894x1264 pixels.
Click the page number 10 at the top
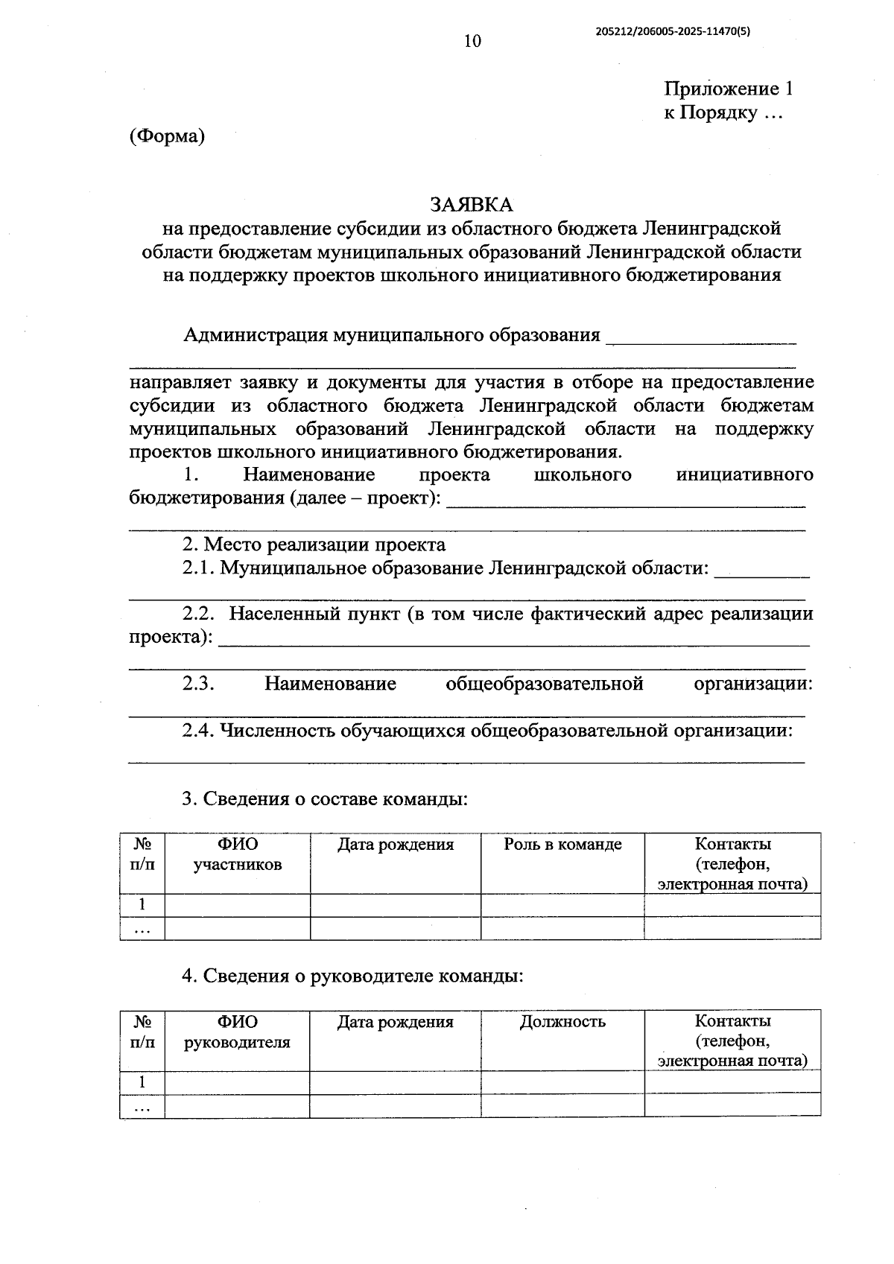pos(472,41)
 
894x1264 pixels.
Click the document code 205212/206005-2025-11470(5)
pos(673,31)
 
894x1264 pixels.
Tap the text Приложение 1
pos(728,89)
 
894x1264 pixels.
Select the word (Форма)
pos(167,136)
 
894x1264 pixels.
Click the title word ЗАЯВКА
pos(472,204)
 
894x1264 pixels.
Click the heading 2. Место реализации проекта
pos(314,544)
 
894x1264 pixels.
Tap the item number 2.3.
pos(199,684)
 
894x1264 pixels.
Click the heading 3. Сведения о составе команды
pos(325,798)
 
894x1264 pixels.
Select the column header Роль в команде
pos(562,844)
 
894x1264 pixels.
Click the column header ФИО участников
pos(238,854)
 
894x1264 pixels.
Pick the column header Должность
pos(562,1021)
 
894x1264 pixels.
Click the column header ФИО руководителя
pos(237,1032)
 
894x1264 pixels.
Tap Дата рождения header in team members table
pos(396,844)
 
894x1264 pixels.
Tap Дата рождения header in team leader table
pos(396,1021)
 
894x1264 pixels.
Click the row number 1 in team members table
pos(142,905)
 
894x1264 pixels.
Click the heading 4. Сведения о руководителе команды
pos(352,976)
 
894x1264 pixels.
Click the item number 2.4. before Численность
pos(199,730)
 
